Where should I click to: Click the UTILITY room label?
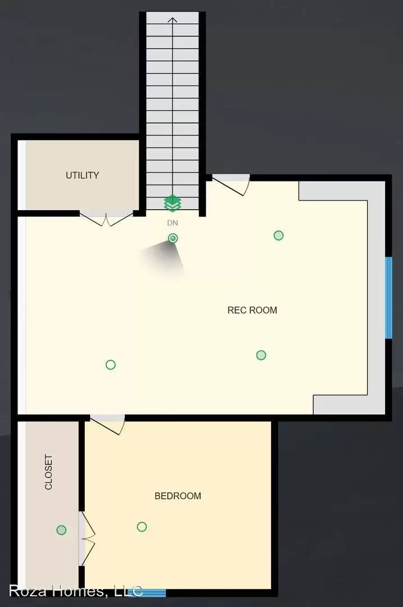(82, 175)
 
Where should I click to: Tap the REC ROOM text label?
(252, 310)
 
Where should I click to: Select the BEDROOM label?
(178, 496)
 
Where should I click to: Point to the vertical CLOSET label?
(48, 472)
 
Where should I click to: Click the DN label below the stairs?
(173, 223)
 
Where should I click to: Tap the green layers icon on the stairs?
(172, 203)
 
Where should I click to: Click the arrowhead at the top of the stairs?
(173, 21)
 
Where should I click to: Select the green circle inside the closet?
(61, 530)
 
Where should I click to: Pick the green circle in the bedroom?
(142, 527)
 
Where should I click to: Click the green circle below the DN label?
(173, 238)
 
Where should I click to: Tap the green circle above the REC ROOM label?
(279, 235)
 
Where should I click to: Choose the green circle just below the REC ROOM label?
(261, 355)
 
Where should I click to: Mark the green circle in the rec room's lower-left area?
(111, 365)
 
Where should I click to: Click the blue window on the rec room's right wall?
(388, 298)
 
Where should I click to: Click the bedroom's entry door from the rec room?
(108, 424)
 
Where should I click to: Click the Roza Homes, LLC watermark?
(76, 591)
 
